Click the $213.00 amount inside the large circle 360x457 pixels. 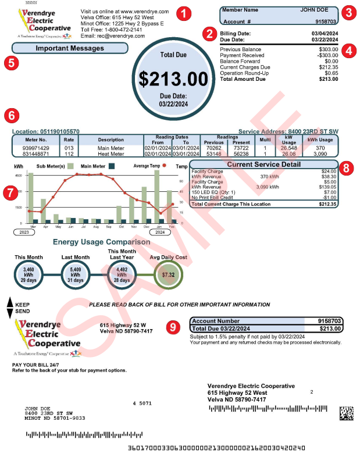[173, 78]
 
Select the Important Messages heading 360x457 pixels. [70, 48]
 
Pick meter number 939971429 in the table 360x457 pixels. [35, 148]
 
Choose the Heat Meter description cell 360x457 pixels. [111, 153]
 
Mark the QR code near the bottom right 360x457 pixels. [347, 413]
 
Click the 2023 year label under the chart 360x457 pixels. [24, 232]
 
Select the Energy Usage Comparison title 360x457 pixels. [101, 242]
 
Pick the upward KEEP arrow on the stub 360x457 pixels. [9, 302]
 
